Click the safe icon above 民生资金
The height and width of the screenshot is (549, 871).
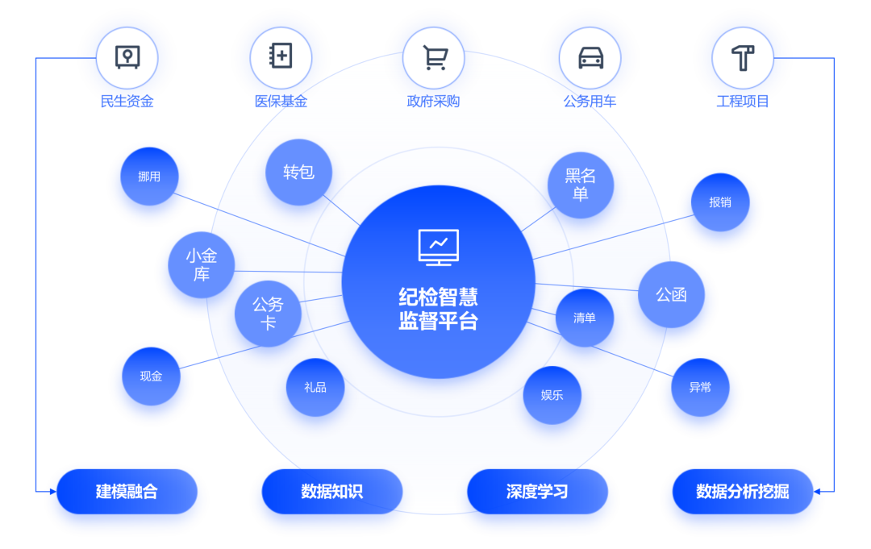click(x=127, y=57)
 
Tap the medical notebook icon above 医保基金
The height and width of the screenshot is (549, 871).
click(x=281, y=57)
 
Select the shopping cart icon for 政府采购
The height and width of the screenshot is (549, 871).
click(x=435, y=57)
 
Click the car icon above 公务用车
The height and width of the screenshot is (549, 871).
click(x=590, y=57)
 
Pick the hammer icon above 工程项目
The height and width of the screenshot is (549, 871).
click(x=742, y=57)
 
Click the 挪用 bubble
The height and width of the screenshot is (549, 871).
click(x=149, y=177)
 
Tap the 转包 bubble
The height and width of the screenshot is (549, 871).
click(x=298, y=172)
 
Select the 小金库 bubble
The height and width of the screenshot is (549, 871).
click(x=202, y=265)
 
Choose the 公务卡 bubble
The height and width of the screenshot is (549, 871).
click(x=268, y=314)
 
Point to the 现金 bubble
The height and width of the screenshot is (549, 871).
click(x=151, y=376)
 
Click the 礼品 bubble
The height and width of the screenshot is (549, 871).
click(x=315, y=387)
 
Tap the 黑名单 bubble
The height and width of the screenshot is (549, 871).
click(x=580, y=185)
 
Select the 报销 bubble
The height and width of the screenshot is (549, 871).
click(x=720, y=202)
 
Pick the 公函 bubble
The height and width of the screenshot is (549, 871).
click(x=671, y=294)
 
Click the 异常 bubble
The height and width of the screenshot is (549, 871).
click(x=700, y=387)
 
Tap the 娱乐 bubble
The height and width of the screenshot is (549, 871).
click(x=552, y=395)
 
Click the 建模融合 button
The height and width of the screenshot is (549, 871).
click(x=127, y=491)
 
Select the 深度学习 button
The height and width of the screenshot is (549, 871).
click(x=537, y=491)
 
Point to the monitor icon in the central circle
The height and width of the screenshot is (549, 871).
click(x=438, y=247)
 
